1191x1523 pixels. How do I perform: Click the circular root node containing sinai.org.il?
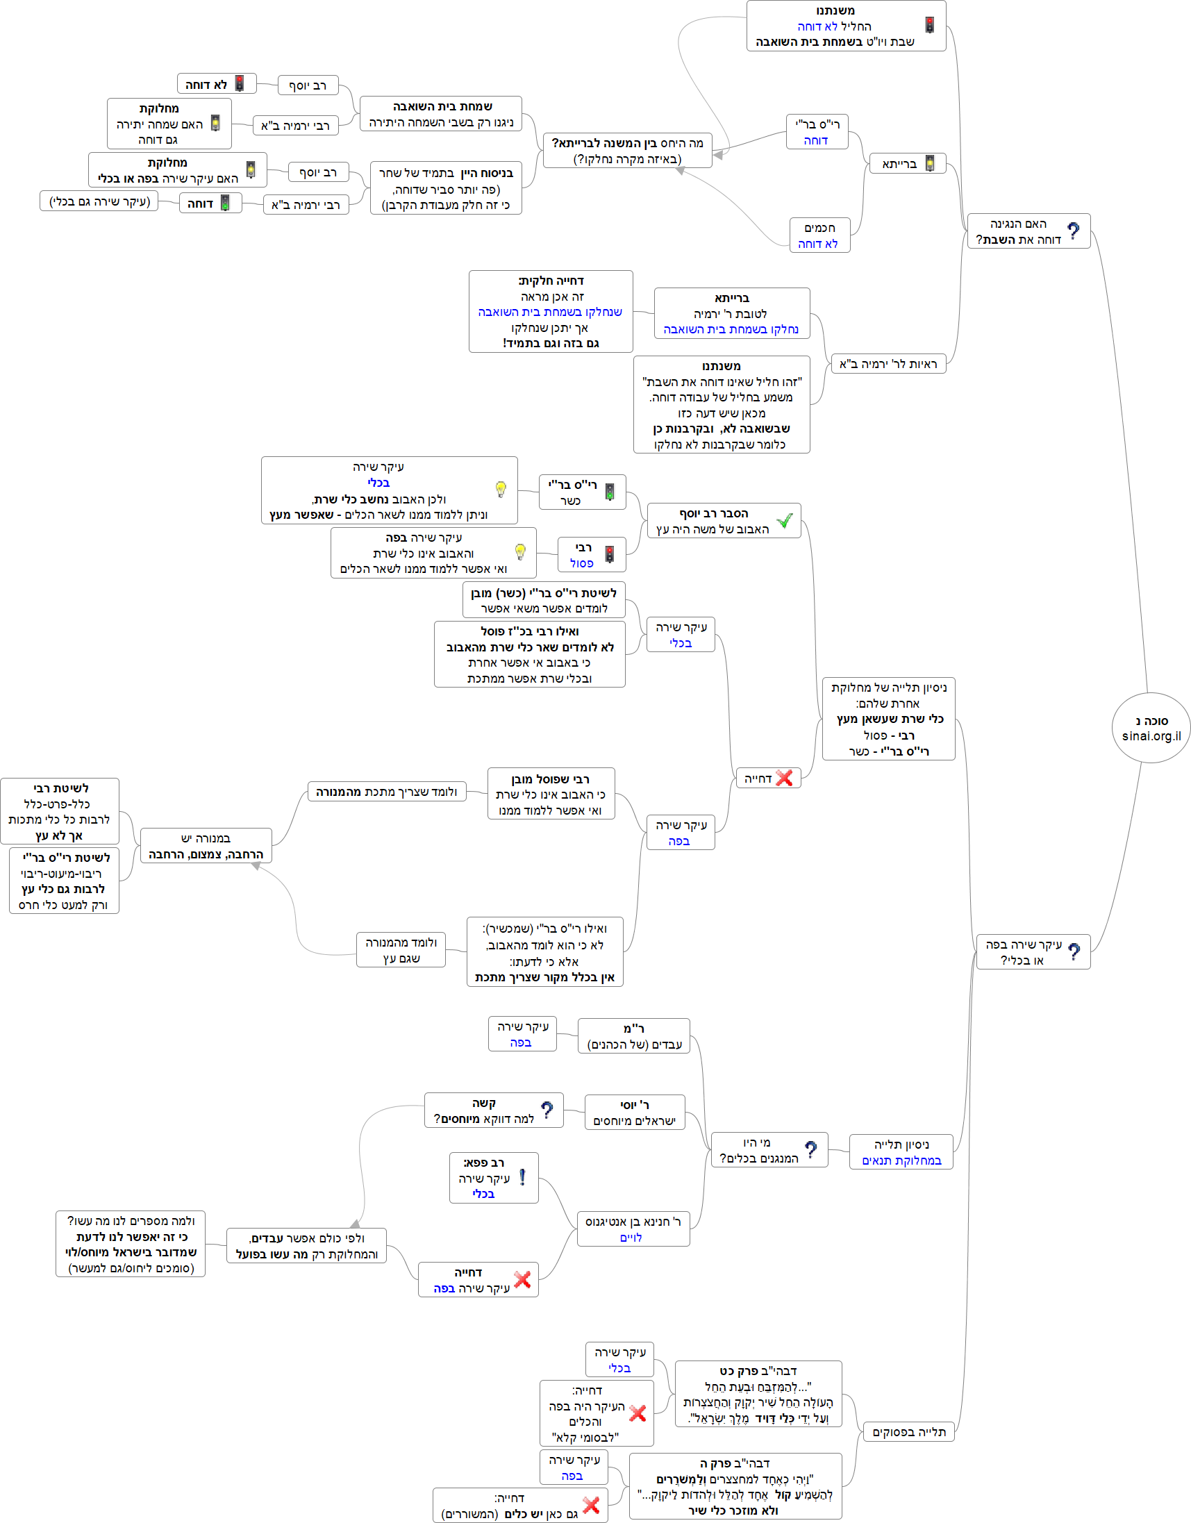click(x=1151, y=727)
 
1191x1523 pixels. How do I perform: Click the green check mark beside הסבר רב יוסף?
click(x=785, y=521)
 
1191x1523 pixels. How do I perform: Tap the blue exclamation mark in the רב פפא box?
click(x=522, y=1178)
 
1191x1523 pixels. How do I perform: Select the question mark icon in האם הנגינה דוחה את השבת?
click(x=1073, y=231)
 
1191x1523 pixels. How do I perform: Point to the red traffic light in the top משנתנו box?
click(x=929, y=25)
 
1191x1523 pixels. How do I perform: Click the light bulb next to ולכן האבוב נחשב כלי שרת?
click(x=501, y=489)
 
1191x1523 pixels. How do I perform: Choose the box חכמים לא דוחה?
click(x=819, y=235)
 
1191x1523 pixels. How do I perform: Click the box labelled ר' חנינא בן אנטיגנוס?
click(x=633, y=1229)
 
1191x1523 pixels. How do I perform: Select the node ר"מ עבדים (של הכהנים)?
click(x=634, y=1035)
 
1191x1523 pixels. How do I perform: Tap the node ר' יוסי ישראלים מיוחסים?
click(x=635, y=1113)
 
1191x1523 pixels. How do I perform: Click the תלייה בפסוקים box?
click(x=908, y=1431)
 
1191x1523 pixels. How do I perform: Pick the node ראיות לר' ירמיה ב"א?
click(x=888, y=363)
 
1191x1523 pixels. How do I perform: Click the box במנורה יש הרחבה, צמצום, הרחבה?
click(x=206, y=846)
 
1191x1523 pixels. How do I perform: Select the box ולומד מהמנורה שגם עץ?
click(x=401, y=950)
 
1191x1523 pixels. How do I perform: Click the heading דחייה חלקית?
click(x=551, y=281)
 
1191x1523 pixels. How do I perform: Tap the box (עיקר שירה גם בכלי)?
click(x=99, y=201)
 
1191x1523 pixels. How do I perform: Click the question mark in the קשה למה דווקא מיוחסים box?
click(x=547, y=1110)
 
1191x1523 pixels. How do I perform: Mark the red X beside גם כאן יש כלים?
click(x=591, y=1505)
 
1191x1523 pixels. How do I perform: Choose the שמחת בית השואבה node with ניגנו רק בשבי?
click(x=441, y=114)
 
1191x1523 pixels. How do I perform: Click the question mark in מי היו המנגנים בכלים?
click(x=810, y=1149)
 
